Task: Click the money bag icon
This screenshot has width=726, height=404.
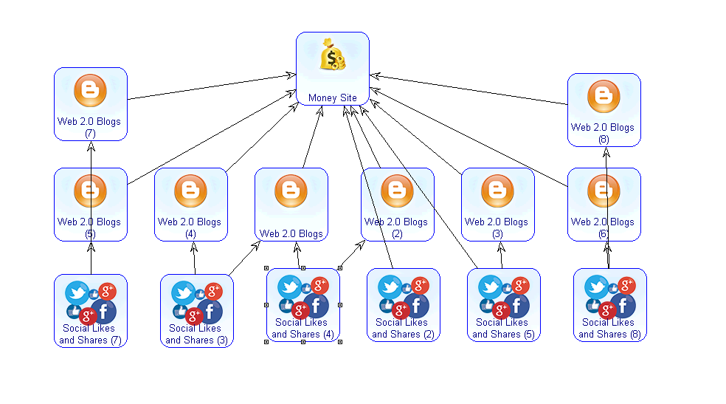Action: [333, 57]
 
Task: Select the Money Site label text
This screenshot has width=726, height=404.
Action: [333, 97]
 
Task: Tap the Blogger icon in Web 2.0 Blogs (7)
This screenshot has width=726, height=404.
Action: [90, 92]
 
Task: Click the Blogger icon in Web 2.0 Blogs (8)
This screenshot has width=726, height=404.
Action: [604, 97]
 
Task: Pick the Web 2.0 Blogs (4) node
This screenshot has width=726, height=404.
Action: [190, 204]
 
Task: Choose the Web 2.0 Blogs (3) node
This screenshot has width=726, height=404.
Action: [497, 204]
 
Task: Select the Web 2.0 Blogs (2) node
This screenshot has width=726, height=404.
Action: [397, 204]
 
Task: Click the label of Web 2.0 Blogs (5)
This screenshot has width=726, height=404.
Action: [89, 227]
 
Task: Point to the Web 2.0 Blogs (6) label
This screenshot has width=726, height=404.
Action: [603, 227]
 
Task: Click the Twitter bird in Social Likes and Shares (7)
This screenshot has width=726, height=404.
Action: [77, 293]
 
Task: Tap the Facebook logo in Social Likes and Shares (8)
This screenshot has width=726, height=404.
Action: [622, 304]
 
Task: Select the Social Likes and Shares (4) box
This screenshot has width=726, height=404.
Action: [303, 305]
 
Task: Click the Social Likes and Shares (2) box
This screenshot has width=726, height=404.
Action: [403, 305]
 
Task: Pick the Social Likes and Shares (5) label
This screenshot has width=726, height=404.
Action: [502, 328]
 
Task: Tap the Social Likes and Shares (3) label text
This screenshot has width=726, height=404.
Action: [196, 334]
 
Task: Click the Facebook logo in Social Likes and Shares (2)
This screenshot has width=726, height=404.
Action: [415, 304]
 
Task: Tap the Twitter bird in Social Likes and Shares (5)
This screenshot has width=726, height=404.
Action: [490, 287]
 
